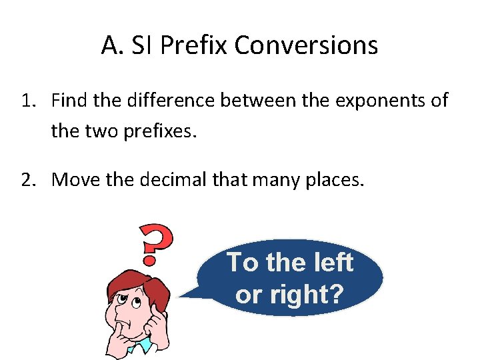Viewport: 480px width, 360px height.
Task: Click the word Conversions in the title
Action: coord(306,46)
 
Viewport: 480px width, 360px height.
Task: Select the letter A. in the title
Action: coord(110,46)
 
